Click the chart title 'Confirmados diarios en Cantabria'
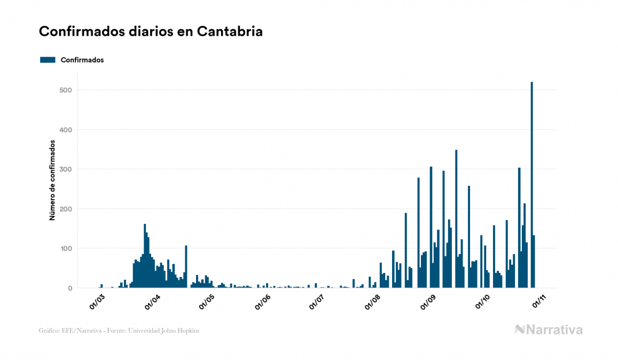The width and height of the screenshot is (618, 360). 151,32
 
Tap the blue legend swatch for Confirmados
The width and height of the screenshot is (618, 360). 48,60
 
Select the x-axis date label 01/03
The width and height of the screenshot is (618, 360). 97,301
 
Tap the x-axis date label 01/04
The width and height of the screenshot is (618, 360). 152,301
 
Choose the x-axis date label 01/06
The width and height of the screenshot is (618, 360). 262,301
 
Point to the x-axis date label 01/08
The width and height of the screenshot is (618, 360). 372,301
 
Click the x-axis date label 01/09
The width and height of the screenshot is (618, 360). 429,301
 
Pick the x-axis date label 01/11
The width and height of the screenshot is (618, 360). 537,301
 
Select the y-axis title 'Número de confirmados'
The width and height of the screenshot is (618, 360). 52,181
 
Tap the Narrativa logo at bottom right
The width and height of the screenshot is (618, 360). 549,330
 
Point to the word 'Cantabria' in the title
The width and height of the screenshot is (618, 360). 230,32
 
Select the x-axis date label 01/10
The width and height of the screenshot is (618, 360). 482,301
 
